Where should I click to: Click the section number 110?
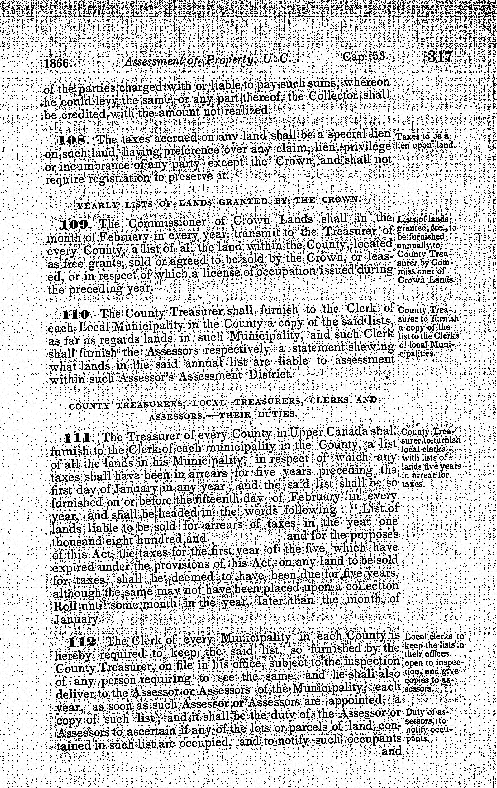(76, 315)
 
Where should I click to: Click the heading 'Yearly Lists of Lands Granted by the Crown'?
(219, 203)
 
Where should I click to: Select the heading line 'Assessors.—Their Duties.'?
(223, 415)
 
